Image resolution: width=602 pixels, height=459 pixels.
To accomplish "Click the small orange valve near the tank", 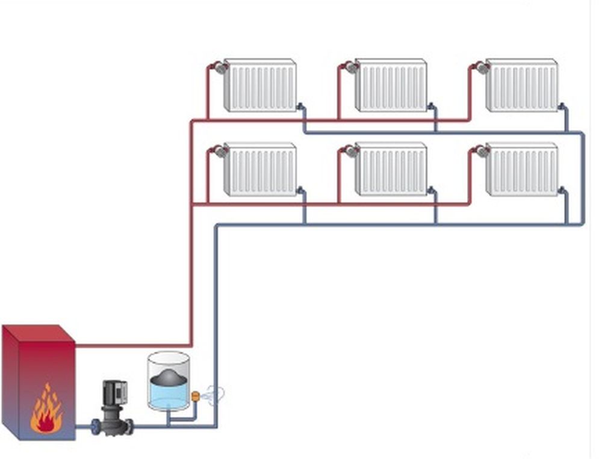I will point(195,396).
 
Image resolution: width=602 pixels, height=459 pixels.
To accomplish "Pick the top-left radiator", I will point(260,85).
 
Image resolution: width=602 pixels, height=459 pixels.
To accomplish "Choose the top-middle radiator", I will point(391,85).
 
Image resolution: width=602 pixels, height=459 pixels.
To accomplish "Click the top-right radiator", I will point(522,85).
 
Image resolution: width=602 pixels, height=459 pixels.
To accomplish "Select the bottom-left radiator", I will point(260,169).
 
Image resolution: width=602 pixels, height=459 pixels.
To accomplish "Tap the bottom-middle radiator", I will point(391,169).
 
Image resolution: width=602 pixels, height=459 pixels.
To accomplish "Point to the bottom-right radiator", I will point(522,169).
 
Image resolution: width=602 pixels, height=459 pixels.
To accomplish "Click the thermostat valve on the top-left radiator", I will point(220,67).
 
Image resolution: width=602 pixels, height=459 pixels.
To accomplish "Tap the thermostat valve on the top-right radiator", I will point(482,67).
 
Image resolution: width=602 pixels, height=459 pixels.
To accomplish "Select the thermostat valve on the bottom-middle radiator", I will point(351,152).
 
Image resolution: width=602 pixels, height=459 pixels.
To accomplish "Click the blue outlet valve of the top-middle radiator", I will point(432,107).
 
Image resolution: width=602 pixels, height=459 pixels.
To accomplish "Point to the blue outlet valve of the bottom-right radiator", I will point(562,191).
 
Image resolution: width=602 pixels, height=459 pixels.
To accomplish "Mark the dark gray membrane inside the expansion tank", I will point(169,376).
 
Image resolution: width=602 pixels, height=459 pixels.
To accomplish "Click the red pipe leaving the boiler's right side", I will point(132,346).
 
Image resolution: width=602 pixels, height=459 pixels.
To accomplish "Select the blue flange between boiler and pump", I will point(95,427).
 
